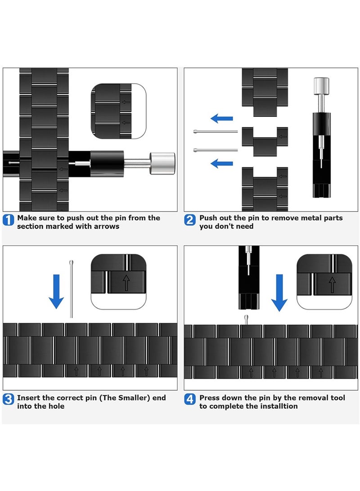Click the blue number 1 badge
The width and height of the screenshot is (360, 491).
coord(9,220)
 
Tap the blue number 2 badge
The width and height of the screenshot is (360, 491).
coord(190,220)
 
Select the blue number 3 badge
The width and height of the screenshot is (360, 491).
coord(9,399)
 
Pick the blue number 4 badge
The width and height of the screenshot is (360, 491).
coord(190,399)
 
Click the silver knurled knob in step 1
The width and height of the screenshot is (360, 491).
coord(162,163)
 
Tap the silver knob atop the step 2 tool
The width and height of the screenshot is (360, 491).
coord(321,86)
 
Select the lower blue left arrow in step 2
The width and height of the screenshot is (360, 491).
coord(222,163)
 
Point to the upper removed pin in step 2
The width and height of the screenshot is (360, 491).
coord(216,131)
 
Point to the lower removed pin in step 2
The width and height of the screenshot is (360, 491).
coord(216,150)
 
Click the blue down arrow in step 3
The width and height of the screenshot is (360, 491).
coord(56,292)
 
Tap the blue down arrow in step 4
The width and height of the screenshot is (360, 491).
coord(279,293)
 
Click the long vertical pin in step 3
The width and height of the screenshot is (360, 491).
coord(72,289)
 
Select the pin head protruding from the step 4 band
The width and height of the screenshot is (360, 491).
coord(246,320)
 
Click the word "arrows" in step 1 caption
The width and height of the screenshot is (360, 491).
coord(107,226)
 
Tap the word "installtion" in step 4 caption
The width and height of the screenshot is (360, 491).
coord(280,406)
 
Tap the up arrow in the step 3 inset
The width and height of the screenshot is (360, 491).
coord(126,283)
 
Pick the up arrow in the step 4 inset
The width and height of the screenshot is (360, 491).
coord(332,284)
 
